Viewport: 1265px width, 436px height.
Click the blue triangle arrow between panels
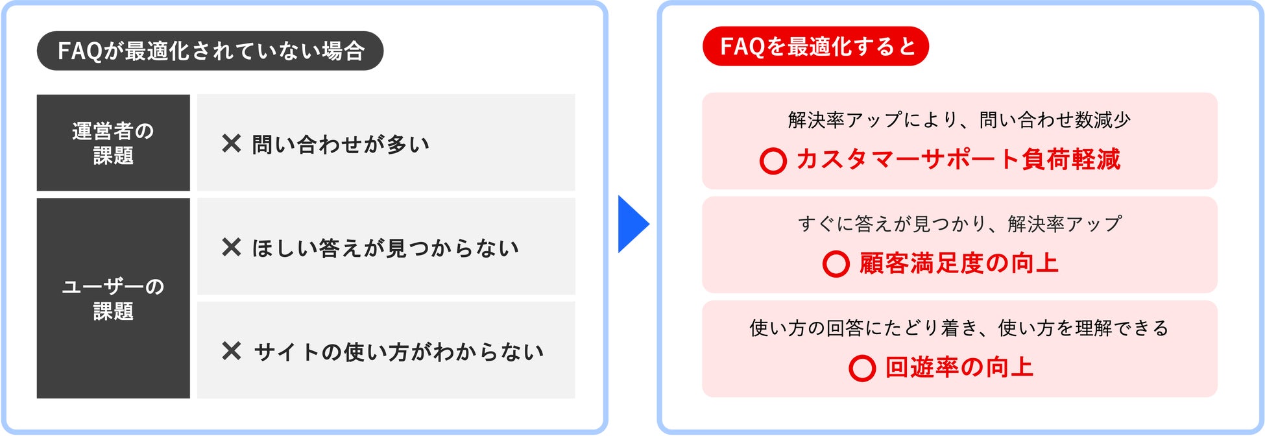pyautogui.click(x=631, y=224)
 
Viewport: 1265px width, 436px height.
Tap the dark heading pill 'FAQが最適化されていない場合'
pyautogui.click(x=210, y=51)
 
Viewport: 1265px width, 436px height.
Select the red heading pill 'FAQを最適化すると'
pyautogui.click(x=815, y=46)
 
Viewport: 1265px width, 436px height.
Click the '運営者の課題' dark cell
pyautogui.click(x=113, y=143)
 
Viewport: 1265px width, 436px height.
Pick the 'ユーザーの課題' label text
pyautogui.click(x=113, y=298)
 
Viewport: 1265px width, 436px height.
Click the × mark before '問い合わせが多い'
pyautogui.click(x=231, y=143)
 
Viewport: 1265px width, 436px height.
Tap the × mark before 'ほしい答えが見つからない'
pyautogui.click(x=231, y=247)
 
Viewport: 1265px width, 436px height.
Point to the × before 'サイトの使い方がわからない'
pyautogui.click(x=231, y=351)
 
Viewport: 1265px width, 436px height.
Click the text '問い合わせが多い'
pyautogui.click(x=341, y=144)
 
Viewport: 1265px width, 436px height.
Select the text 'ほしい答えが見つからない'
pyautogui.click(x=385, y=248)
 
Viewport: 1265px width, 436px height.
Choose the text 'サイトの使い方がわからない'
pyautogui.click(x=398, y=352)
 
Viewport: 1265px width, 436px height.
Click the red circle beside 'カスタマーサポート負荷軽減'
pyautogui.click(x=773, y=160)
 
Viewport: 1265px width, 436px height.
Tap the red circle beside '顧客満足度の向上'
pyautogui.click(x=836, y=263)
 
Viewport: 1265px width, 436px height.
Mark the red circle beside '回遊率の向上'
pyautogui.click(x=861, y=368)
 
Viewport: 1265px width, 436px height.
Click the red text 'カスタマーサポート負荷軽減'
pyautogui.click(x=958, y=160)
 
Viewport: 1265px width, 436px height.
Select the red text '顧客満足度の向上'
pyautogui.click(x=958, y=263)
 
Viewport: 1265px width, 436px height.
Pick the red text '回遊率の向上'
pyautogui.click(x=959, y=367)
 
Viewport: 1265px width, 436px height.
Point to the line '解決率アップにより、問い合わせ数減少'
pyautogui.click(x=959, y=120)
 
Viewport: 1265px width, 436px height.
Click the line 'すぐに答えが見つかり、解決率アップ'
pyautogui.click(x=959, y=224)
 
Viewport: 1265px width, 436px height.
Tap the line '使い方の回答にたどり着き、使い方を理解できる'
pyautogui.click(x=959, y=328)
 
